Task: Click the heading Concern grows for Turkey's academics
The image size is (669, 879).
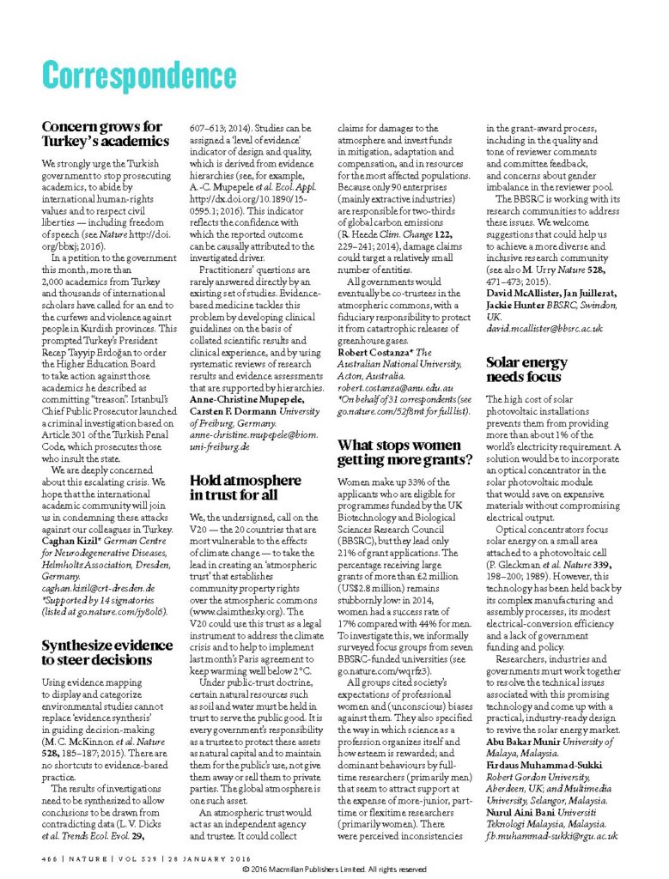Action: pos(106,134)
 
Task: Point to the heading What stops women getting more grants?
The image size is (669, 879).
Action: pos(404,452)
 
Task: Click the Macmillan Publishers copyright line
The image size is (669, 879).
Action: pos(334,869)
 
